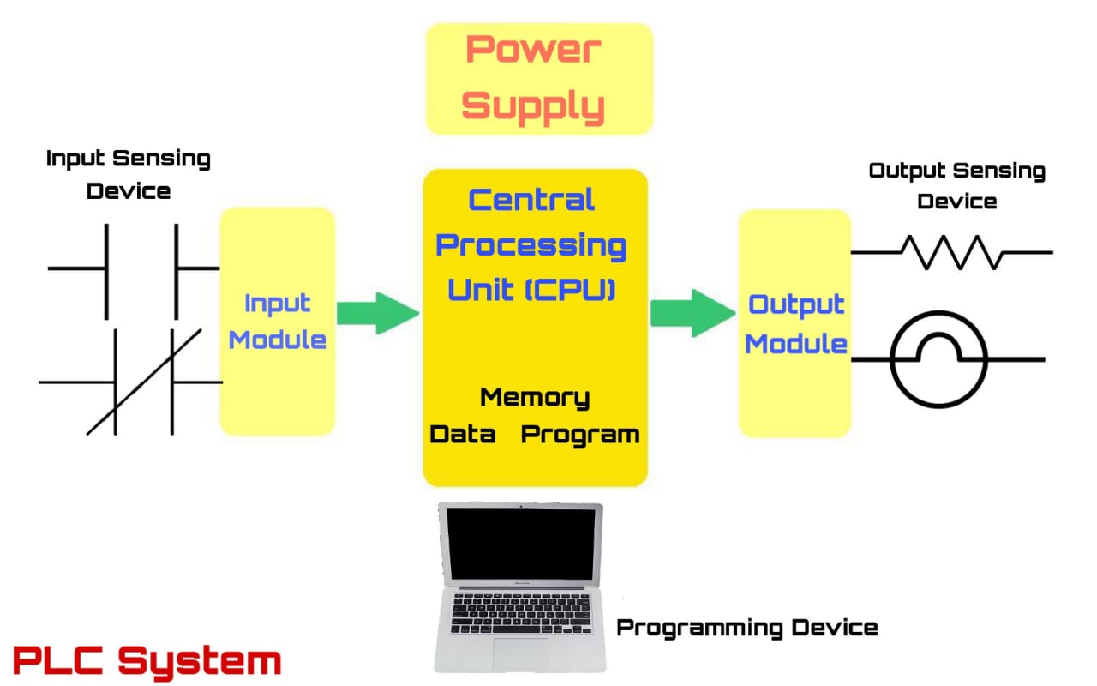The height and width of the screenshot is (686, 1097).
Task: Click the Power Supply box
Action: point(539,79)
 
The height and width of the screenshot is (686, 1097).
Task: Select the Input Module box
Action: point(277,322)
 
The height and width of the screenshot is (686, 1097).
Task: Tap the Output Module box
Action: point(795,323)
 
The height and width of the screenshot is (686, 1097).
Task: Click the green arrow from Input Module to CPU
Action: point(377,313)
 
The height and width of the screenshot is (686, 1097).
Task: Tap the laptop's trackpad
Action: point(519,653)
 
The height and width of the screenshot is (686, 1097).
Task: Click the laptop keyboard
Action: point(521,612)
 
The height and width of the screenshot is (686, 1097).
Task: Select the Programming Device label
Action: point(747,628)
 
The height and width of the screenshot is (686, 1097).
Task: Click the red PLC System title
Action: point(147,661)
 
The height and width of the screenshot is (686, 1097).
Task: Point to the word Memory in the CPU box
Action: point(535,398)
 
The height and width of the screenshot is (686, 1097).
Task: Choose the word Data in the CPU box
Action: point(463,435)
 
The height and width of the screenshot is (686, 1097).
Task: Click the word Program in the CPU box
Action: point(580,435)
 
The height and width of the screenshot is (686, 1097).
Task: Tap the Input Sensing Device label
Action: point(129,174)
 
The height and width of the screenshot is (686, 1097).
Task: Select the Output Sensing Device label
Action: point(956,185)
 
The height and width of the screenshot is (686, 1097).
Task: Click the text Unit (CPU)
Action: point(531,290)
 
